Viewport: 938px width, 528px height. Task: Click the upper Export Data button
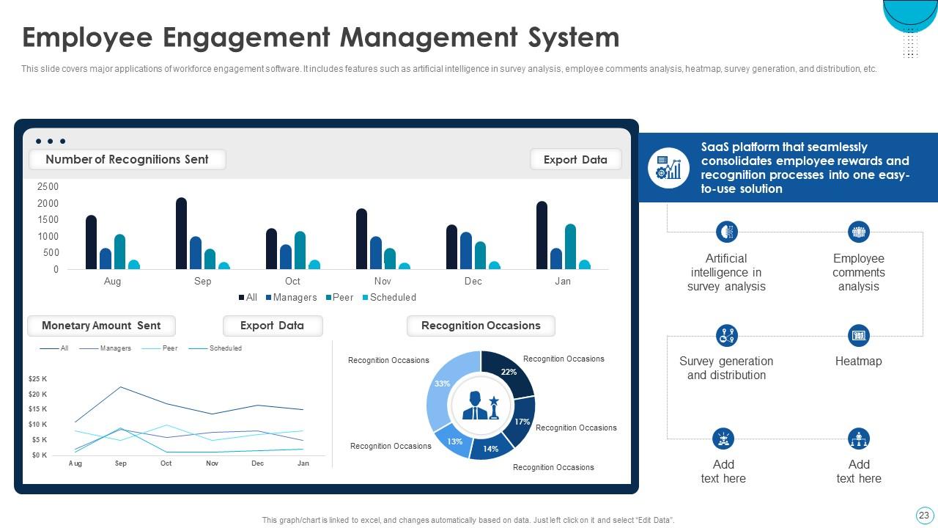coord(575,160)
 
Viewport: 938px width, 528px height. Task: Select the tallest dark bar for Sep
coord(181,234)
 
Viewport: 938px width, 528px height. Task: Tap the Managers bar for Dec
coord(466,251)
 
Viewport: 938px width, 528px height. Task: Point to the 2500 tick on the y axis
coord(48,187)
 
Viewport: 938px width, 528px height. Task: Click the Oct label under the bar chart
coord(292,282)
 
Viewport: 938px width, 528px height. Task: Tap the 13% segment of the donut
coord(454,441)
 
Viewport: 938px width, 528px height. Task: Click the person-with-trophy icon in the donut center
coord(481,405)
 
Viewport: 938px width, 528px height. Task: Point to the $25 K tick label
coord(37,379)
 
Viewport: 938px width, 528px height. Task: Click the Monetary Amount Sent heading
coord(101,326)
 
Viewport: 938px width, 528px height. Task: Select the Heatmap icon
coord(858,336)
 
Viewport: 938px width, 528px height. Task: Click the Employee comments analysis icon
coord(858,232)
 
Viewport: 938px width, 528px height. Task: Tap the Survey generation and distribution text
coord(725,368)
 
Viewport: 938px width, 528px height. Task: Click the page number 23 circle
coord(923,515)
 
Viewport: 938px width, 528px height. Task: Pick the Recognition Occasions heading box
coord(481,326)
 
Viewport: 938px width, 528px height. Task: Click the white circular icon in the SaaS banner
coord(668,168)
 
